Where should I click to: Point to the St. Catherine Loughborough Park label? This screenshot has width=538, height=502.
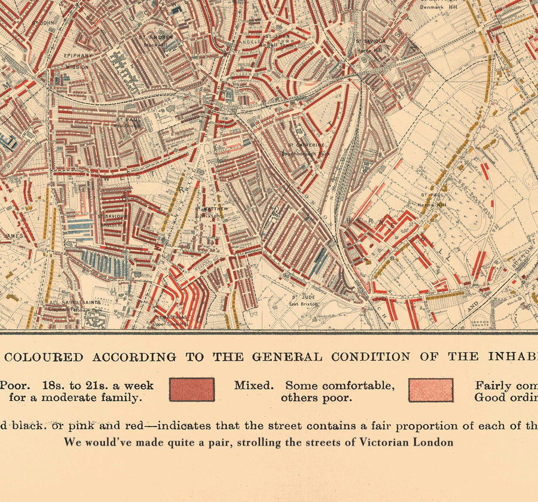click(x=306, y=148)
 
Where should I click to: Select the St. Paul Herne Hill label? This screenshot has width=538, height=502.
click(x=433, y=199)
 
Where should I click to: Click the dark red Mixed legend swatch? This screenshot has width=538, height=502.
click(x=191, y=389)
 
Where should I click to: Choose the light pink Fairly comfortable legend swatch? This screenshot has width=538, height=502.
click(x=430, y=390)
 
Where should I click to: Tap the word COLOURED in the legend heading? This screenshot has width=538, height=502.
click(x=44, y=357)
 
